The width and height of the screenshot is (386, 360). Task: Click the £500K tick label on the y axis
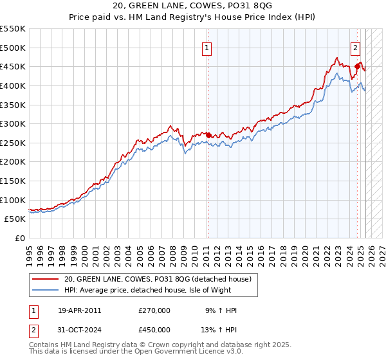tap(13, 48)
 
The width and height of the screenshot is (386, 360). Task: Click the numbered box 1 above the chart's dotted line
tap(207, 47)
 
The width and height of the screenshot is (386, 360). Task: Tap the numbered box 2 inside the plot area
tap(355, 47)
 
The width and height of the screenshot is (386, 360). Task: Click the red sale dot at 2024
tap(357, 66)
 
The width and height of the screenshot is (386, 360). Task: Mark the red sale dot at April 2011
tap(208, 135)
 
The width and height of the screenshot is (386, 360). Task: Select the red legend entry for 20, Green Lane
tap(161, 278)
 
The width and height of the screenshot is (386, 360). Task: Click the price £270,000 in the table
tap(154, 310)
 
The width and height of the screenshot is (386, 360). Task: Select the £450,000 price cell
tap(154, 330)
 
